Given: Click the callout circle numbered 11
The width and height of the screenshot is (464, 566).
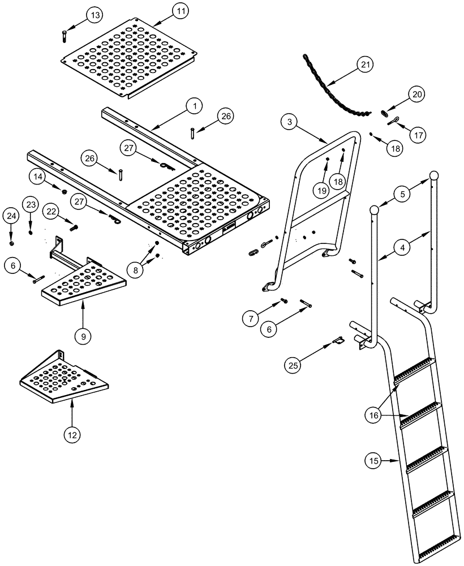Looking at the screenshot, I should click(x=181, y=11).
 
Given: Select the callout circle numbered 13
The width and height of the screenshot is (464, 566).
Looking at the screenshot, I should click(x=95, y=14).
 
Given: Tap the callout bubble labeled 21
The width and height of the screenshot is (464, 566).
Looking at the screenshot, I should click(x=366, y=65).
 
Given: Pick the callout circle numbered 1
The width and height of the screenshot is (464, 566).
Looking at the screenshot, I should click(x=194, y=105).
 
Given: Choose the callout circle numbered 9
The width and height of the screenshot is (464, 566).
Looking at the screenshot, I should click(x=83, y=336).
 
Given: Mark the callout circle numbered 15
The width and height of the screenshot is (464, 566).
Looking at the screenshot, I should click(x=373, y=461).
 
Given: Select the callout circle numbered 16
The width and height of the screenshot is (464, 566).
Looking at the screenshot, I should click(x=373, y=415).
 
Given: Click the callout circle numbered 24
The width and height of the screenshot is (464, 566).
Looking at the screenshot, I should click(x=11, y=215).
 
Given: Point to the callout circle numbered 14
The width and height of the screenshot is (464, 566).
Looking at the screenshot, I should click(x=37, y=177).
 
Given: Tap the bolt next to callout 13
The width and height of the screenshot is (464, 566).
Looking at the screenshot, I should click(x=63, y=35).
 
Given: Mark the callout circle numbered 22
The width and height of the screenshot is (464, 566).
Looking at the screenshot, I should click(x=52, y=211).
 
